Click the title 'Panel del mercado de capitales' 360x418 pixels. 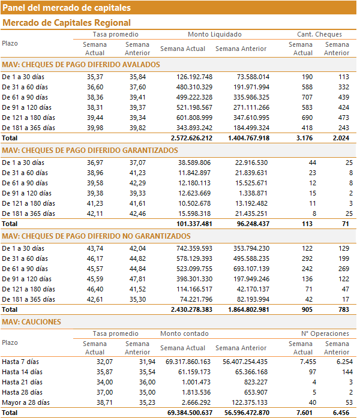click(67, 8)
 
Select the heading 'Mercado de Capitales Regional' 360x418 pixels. click(67, 23)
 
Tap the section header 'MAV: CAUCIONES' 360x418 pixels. click(31, 322)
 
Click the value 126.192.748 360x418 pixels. click(194, 77)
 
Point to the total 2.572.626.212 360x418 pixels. click(191, 138)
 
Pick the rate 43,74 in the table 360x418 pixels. click(95, 248)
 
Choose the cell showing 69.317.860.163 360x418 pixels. click(188, 362)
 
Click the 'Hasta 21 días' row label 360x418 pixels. click(22, 382)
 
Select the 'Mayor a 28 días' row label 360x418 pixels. click(26, 402)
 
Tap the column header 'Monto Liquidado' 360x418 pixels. click(215, 34)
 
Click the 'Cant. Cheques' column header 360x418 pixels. click(319, 34)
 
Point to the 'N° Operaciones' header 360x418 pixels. click(325, 333)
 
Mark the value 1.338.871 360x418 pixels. click(253, 193)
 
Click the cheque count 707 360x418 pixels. click(307, 97)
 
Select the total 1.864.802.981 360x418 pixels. click(248, 310)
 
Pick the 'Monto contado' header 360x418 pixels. click(184, 333)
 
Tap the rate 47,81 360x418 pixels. click(137, 279)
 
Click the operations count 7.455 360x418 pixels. click(308, 362)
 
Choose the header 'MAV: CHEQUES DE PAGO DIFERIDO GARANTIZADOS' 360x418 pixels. click(90, 151)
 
